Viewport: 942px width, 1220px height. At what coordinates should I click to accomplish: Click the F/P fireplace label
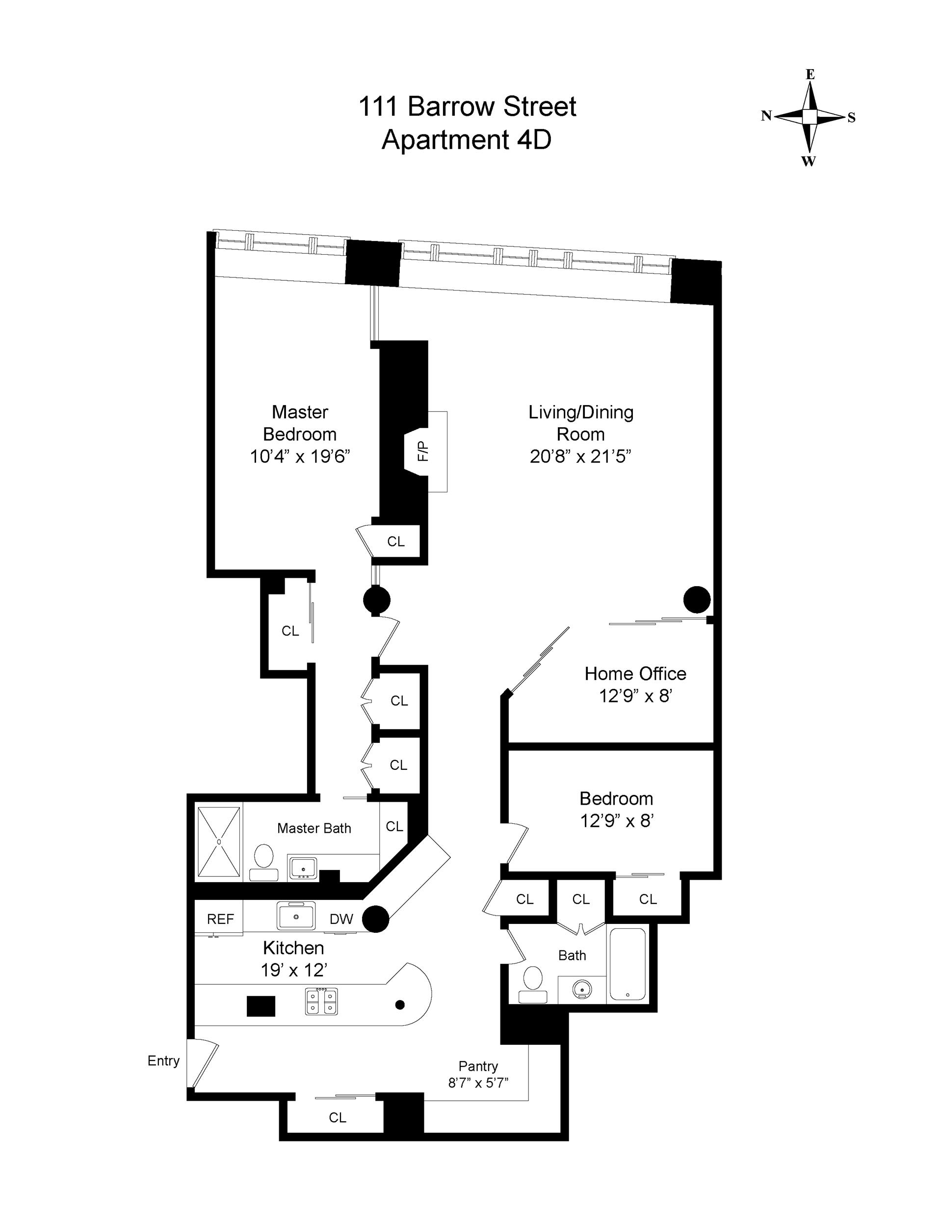(423, 451)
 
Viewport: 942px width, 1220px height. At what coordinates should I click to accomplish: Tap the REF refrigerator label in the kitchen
(221, 919)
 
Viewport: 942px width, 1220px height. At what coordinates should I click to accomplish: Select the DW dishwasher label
(341, 919)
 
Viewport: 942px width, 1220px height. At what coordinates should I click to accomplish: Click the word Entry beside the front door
(163, 1061)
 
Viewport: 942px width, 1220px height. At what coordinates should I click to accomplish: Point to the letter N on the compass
(766, 116)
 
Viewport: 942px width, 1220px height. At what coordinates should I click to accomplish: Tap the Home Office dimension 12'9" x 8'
(635, 696)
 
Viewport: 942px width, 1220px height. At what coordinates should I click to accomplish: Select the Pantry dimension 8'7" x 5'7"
(478, 1083)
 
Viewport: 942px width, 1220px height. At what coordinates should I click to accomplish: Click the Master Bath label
(314, 828)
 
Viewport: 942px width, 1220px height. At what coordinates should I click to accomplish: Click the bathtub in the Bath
(628, 964)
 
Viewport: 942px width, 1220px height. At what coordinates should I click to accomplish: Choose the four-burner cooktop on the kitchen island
(321, 1001)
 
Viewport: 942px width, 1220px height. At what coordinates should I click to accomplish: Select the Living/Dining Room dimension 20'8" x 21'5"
(580, 457)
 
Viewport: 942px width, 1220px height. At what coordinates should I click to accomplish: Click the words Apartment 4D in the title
(466, 139)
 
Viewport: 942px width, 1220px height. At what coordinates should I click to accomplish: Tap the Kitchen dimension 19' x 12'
(294, 970)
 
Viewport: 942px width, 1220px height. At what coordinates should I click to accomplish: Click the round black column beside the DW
(376, 919)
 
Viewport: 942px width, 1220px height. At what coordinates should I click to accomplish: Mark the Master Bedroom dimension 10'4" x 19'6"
(300, 457)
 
